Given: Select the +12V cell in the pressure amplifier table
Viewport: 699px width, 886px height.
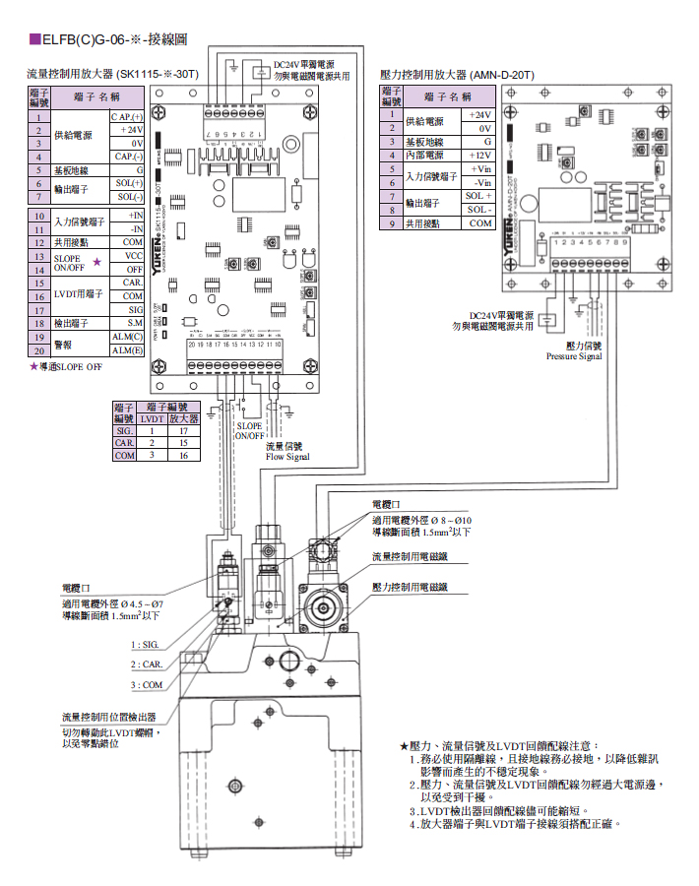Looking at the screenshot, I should click(x=479, y=156).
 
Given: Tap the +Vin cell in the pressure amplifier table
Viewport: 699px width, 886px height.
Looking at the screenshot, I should click(x=480, y=169).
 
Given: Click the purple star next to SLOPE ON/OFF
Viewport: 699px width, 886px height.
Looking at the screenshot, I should click(x=96, y=262).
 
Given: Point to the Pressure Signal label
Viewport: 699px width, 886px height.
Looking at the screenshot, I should click(x=574, y=356).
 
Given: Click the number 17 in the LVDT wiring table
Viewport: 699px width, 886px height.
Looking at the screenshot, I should click(x=182, y=430).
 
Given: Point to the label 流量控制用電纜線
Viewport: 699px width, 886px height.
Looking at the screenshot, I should click(x=409, y=557).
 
